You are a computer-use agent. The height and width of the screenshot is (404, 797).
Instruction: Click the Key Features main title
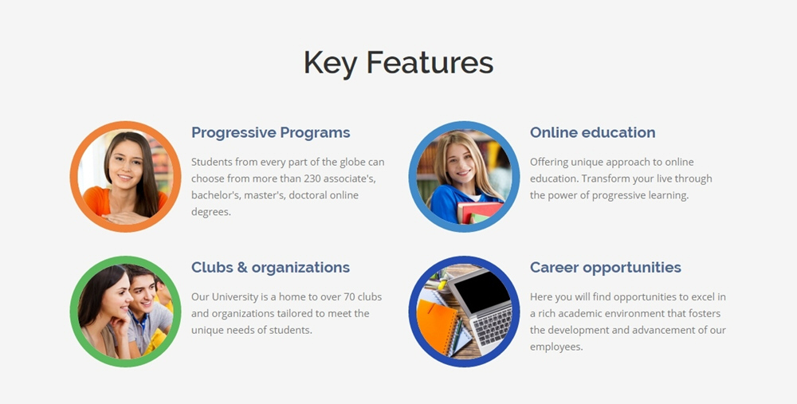[398, 63]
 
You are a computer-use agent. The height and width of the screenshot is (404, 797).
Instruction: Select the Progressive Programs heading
[270, 132]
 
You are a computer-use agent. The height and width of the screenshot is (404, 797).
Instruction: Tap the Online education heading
[593, 132]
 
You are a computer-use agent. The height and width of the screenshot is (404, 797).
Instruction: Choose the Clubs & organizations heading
[270, 267]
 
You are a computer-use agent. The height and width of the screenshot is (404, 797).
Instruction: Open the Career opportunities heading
[606, 268]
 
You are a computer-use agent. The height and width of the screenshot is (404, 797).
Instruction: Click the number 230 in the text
[312, 178]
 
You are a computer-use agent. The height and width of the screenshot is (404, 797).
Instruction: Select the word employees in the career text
[556, 347]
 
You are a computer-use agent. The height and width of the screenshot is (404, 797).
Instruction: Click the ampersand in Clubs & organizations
[241, 267]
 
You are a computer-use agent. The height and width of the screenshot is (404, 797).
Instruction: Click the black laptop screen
[481, 290]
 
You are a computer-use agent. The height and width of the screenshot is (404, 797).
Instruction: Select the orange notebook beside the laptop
[436, 326]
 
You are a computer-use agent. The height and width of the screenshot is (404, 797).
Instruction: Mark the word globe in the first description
[352, 162]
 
